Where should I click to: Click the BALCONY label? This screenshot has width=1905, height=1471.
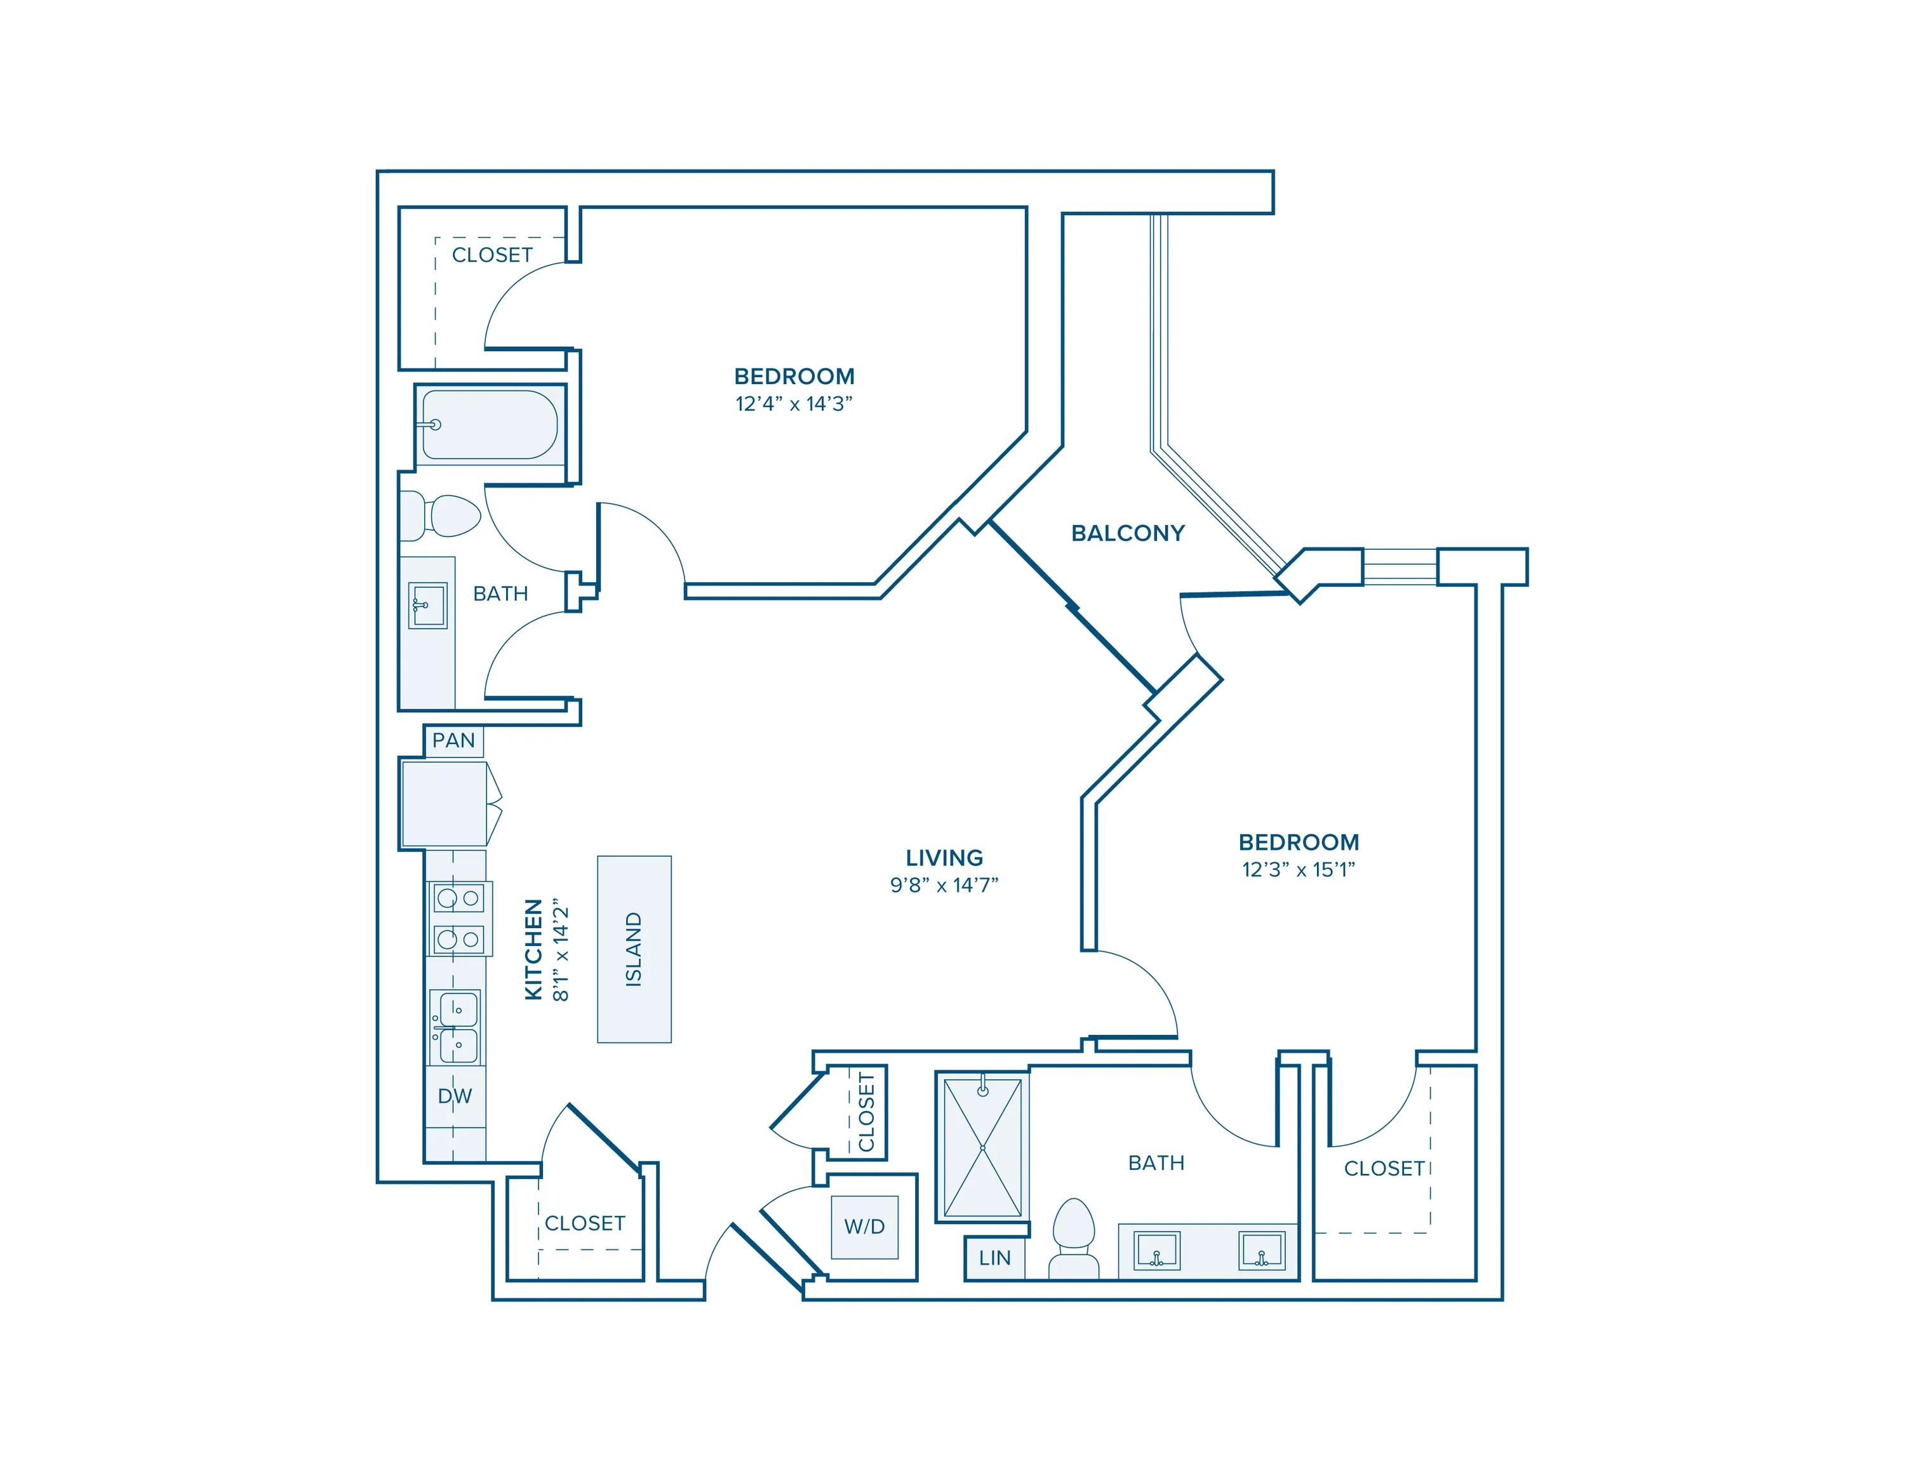pos(1127,533)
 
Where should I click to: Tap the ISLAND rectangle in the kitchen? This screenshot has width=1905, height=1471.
pos(634,948)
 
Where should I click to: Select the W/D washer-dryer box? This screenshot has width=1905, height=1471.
pos(864,1227)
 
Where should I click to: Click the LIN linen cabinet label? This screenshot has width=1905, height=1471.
pos(994,1258)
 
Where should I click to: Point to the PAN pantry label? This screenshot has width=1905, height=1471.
pos(453,740)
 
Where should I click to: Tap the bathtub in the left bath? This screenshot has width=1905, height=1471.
pos(490,425)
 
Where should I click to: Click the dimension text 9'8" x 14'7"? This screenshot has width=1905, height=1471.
pos(944,885)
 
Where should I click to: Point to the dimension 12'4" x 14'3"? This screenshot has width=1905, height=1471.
pos(793,404)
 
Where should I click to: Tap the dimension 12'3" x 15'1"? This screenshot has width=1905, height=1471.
pos(1299,869)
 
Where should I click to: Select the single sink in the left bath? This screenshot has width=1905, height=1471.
pos(427,605)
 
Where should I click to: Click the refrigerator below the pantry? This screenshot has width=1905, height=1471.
pos(443,804)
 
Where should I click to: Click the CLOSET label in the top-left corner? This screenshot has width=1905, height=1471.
pos(492,255)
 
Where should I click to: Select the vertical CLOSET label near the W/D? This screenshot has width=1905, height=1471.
pos(866,1112)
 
